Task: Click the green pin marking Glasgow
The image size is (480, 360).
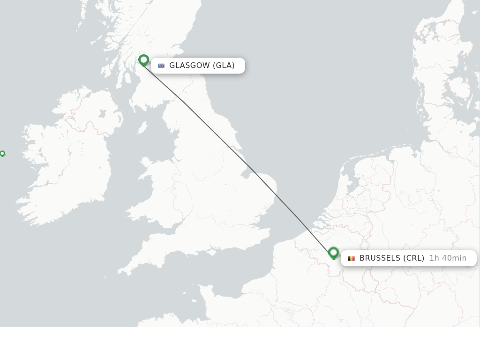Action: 143,60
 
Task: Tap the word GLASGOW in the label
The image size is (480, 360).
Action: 189,66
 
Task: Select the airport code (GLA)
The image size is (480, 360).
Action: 224,66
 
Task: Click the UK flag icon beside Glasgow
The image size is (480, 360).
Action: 161,66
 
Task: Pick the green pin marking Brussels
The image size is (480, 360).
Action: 333,253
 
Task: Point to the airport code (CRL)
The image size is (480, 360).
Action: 413,258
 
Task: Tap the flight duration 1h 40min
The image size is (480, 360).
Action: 448,258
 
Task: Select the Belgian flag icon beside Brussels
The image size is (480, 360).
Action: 351,258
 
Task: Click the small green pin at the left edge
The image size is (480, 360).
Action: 2,153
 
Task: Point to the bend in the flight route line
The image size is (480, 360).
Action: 185,103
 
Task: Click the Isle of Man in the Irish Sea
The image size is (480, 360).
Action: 142,127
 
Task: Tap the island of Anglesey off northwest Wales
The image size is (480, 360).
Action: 146,164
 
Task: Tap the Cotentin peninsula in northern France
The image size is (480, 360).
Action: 207,293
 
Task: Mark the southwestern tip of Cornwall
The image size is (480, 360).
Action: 121,271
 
